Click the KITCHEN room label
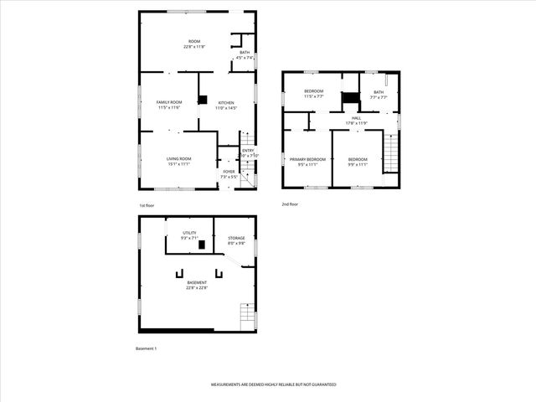(x=227, y=102)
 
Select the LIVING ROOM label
(x=178, y=158)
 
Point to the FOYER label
(x=229, y=172)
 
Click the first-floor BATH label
(x=245, y=52)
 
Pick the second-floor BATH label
(x=379, y=92)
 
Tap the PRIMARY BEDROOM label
(x=307, y=159)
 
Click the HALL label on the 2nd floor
(x=357, y=118)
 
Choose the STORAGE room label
(x=235, y=238)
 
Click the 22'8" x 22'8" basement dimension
(x=197, y=288)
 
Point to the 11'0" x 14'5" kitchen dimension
(x=227, y=108)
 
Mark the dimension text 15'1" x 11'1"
(x=178, y=164)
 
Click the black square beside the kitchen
(x=202, y=100)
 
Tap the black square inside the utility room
(x=201, y=244)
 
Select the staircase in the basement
(x=246, y=316)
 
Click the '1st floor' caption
(x=147, y=205)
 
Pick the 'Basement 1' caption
(x=147, y=348)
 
